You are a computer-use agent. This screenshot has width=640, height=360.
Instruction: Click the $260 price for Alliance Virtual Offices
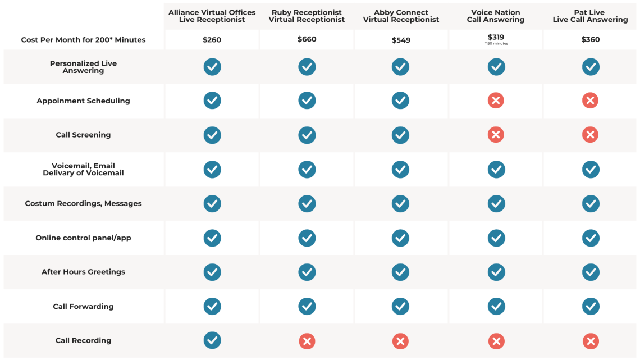point(212,40)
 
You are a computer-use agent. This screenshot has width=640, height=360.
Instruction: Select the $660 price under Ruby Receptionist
point(307,39)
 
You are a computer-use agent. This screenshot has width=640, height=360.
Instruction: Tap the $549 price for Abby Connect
point(401,40)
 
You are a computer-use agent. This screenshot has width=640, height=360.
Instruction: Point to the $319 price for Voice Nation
point(496,38)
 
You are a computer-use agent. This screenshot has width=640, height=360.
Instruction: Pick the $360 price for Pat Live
point(590,40)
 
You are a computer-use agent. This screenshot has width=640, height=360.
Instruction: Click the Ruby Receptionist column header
point(307,16)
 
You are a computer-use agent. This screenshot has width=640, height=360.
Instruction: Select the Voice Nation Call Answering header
point(496,16)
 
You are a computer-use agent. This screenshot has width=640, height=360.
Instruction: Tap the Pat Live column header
point(590,16)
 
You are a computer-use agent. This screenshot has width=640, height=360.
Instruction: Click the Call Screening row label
point(83,135)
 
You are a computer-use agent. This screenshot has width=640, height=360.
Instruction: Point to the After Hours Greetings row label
point(83,272)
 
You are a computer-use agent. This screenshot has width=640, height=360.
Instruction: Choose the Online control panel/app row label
point(83,238)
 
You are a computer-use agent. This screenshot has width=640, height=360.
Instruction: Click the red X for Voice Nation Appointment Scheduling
point(496,101)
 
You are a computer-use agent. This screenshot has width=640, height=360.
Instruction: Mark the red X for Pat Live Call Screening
point(590,135)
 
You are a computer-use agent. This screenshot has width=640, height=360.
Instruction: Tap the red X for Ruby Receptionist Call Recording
point(307,341)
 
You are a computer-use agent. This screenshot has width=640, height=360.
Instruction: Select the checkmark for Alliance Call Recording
point(212,340)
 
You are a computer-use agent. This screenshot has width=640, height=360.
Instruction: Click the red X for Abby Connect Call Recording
point(400,341)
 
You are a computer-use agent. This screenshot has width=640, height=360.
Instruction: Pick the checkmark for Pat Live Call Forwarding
point(590,306)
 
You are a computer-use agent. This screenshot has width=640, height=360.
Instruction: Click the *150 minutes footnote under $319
point(496,44)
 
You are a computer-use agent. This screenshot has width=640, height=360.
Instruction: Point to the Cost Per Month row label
point(83,40)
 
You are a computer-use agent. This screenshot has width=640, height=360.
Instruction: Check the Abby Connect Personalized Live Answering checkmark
point(400,67)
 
